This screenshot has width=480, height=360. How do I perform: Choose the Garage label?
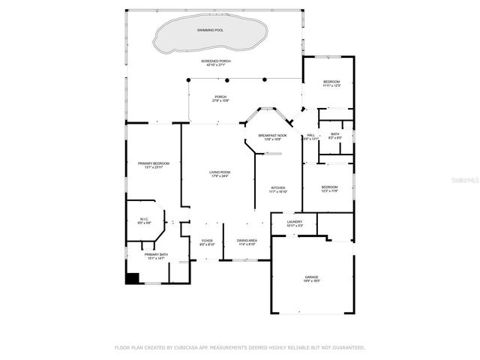[x=311, y=277]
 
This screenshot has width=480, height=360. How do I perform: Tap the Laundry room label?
[x=295, y=223]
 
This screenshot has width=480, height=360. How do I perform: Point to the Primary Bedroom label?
[x=154, y=164]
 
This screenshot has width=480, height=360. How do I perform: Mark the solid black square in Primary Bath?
[x=133, y=278]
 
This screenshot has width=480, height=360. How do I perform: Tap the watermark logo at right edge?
[x=469, y=180]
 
